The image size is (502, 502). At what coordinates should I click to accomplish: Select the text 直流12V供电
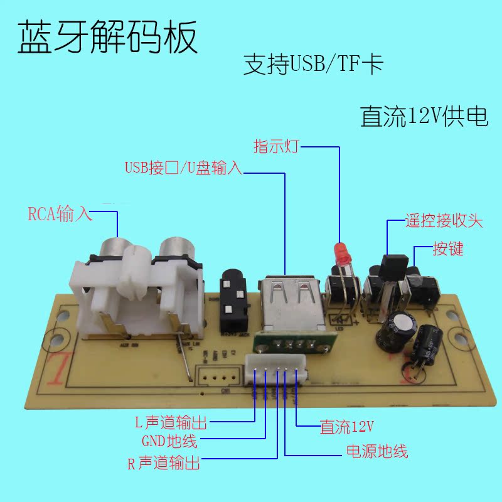[424, 117]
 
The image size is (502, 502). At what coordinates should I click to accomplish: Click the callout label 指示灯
[276, 147]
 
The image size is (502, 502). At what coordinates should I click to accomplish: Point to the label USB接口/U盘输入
[183, 168]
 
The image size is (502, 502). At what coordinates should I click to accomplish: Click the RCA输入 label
[60, 214]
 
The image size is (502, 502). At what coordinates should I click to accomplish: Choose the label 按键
[448, 248]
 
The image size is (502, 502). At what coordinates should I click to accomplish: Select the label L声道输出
[171, 422]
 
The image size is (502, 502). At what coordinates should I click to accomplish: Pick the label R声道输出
[164, 464]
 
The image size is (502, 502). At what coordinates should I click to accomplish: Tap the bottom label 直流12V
[347, 428]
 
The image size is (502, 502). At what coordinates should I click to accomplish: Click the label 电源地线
[377, 451]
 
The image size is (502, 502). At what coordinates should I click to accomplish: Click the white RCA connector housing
[141, 289]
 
